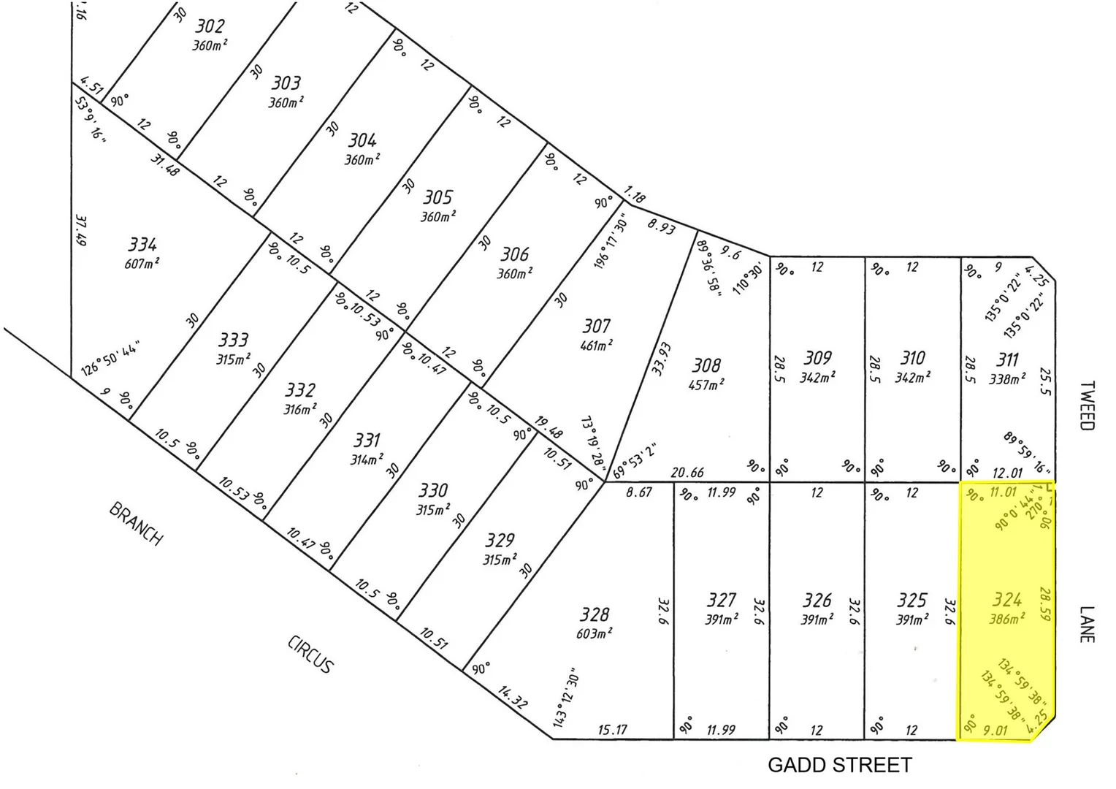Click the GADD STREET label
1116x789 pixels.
click(x=839, y=765)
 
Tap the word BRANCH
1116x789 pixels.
click(x=136, y=523)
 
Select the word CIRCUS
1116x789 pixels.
click(x=310, y=654)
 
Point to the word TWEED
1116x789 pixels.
click(x=1087, y=405)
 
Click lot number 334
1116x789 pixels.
click(x=142, y=244)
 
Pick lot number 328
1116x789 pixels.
click(x=594, y=614)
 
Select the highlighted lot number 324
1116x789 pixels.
click(x=1006, y=600)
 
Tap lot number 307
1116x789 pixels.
click(x=596, y=326)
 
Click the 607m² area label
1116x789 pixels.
click(x=142, y=263)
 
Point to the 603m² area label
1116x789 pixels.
click(x=594, y=633)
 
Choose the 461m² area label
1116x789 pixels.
click(x=596, y=345)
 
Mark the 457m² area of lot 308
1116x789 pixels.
click(x=706, y=384)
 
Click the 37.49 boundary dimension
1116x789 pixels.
click(x=80, y=229)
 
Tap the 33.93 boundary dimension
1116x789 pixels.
click(x=661, y=359)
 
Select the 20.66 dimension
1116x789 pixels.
click(x=687, y=473)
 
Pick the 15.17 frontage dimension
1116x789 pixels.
click(x=612, y=730)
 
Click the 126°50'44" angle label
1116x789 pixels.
click(x=111, y=357)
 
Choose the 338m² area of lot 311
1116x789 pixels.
click(x=1007, y=379)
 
